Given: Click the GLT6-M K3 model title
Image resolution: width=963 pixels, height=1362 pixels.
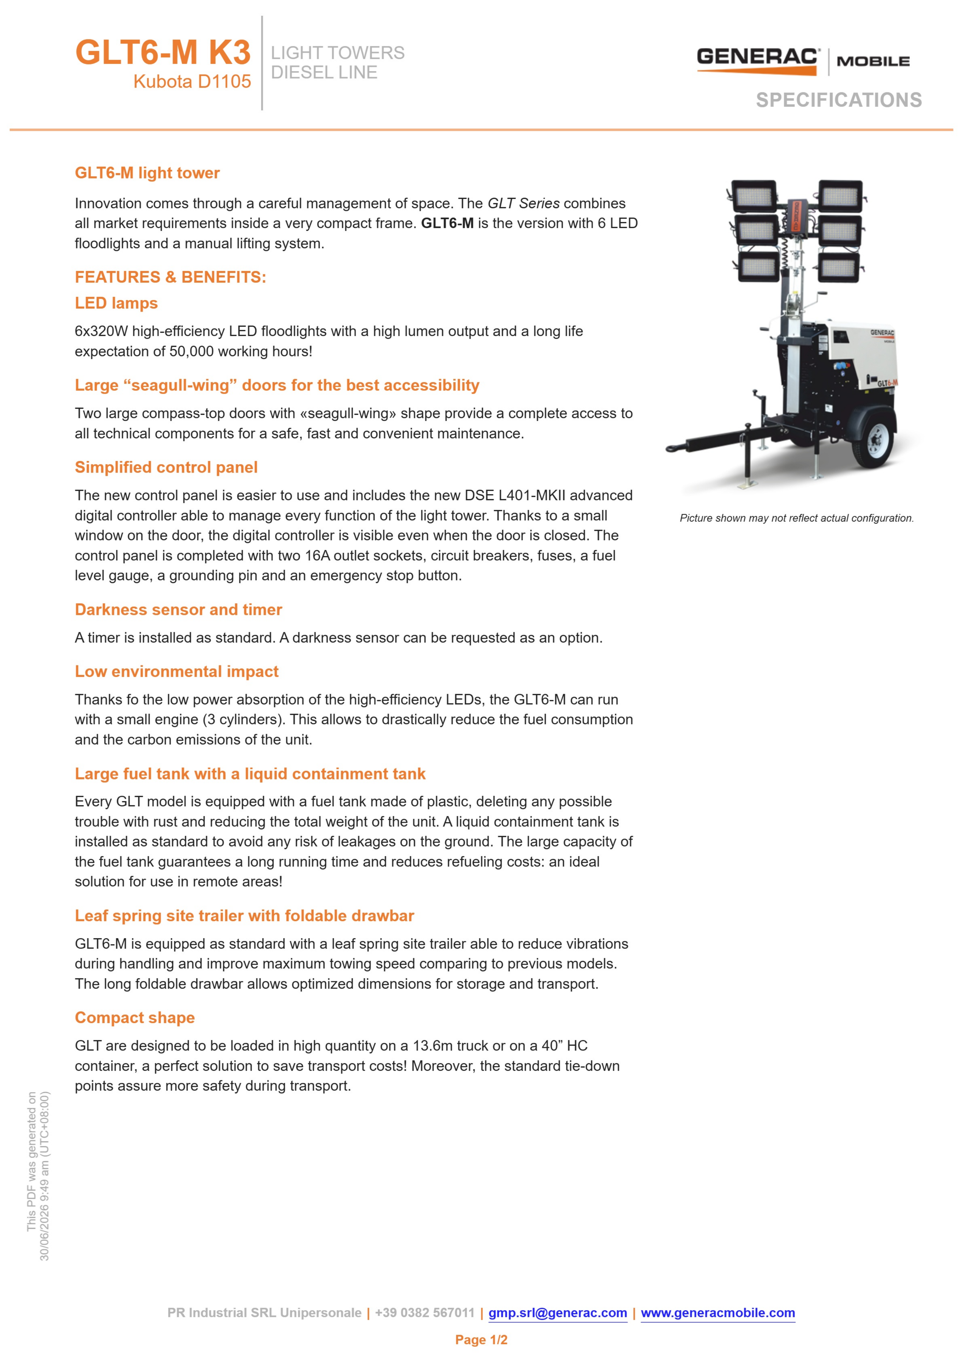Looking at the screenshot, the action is coord(163,52).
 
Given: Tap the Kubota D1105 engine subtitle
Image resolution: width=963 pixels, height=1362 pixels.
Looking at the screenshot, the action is coord(192,81).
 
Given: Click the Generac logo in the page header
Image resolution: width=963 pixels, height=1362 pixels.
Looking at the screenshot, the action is coord(803,61).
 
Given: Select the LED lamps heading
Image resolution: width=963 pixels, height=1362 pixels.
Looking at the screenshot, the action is coord(116,303).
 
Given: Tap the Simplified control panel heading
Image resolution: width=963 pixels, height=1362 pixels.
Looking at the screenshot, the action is coord(166,467).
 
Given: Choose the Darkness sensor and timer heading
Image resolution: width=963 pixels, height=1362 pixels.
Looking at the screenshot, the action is coord(178,610).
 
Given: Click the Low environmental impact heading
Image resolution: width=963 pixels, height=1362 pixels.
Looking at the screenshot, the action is coord(177,672).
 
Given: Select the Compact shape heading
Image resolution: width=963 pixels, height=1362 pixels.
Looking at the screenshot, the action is coord(135,1018).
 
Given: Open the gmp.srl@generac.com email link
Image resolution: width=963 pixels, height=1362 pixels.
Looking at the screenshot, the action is coord(557,1313).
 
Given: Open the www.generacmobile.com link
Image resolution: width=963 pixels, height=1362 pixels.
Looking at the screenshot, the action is coord(718,1313).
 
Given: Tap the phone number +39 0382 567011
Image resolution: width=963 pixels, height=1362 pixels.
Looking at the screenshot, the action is coord(425,1313).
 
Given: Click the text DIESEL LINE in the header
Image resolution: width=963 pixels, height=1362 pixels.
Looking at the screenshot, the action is coord(324,72).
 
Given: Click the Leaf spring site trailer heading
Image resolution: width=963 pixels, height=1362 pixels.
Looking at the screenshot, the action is coord(244,916).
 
